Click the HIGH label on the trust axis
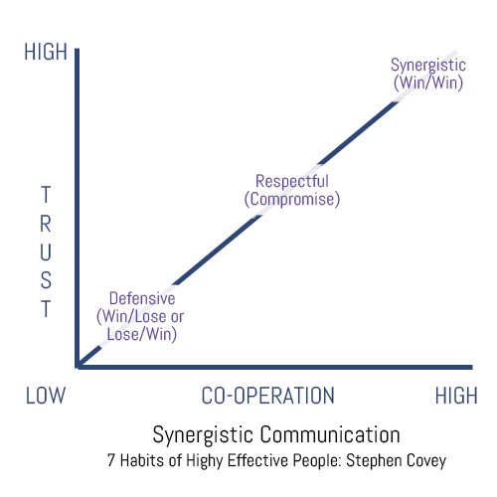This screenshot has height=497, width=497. (46, 52)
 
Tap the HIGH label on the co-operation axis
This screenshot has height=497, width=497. (456, 396)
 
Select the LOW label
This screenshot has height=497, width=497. (46, 396)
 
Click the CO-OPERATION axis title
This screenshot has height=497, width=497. (268, 396)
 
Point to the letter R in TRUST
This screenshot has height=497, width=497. (46, 224)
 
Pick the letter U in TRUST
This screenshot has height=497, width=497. (46, 252)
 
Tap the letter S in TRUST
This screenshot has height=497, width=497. (46, 280)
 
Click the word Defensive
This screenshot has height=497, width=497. (142, 298)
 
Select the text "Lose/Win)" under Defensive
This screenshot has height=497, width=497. (142, 334)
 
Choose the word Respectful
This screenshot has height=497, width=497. (292, 181)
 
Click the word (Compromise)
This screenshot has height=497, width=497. (292, 199)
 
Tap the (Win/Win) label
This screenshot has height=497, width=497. (428, 83)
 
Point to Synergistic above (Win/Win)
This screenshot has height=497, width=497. (428, 65)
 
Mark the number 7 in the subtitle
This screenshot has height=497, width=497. (111, 460)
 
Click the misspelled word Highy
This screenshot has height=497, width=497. (205, 461)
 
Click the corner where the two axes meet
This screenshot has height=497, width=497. (78, 367)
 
